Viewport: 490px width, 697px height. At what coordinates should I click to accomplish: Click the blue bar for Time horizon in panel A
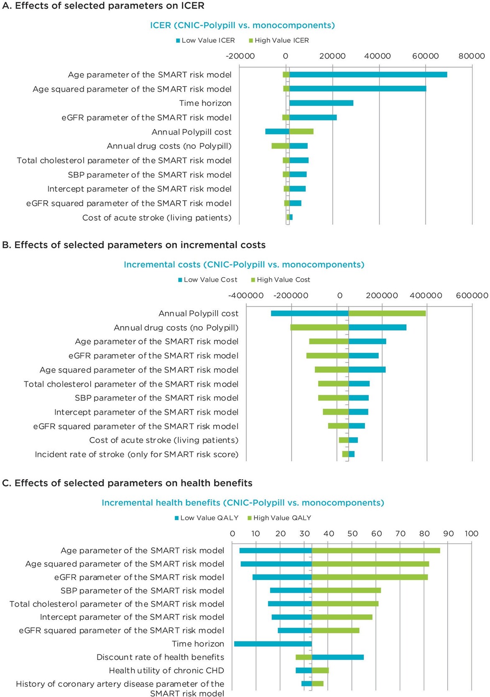(321, 103)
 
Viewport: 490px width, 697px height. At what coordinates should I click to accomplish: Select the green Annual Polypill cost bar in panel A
(301, 132)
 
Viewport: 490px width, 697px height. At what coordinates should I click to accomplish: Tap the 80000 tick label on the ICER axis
(472, 56)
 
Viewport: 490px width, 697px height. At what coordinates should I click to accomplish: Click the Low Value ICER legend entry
(205, 41)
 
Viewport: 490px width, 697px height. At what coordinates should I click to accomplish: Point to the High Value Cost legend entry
(281, 280)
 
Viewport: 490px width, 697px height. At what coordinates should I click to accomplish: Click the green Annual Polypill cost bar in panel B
(387, 314)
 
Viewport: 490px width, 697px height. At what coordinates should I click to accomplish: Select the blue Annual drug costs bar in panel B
(378, 327)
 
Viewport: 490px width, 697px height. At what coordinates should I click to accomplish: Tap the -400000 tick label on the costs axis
(246, 296)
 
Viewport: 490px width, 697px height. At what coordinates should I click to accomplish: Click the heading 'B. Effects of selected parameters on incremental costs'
(134, 245)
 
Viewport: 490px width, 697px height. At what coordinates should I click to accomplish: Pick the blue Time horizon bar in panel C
(273, 644)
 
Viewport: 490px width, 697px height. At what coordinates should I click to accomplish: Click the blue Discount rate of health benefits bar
(338, 657)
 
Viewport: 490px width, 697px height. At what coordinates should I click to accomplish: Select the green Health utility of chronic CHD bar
(320, 671)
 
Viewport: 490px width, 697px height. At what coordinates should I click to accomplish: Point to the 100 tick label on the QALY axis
(471, 534)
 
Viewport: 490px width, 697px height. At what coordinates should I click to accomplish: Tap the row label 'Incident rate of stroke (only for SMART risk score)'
(137, 454)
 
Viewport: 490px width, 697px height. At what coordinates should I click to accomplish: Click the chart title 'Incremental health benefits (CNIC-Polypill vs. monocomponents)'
(242, 503)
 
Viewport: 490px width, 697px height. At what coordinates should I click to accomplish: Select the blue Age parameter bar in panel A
(368, 75)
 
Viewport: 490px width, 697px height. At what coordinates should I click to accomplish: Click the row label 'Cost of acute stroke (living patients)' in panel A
(157, 218)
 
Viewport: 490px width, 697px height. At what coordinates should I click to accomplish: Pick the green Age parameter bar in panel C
(376, 551)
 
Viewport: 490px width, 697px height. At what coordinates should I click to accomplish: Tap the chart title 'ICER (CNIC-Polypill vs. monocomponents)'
(242, 26)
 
